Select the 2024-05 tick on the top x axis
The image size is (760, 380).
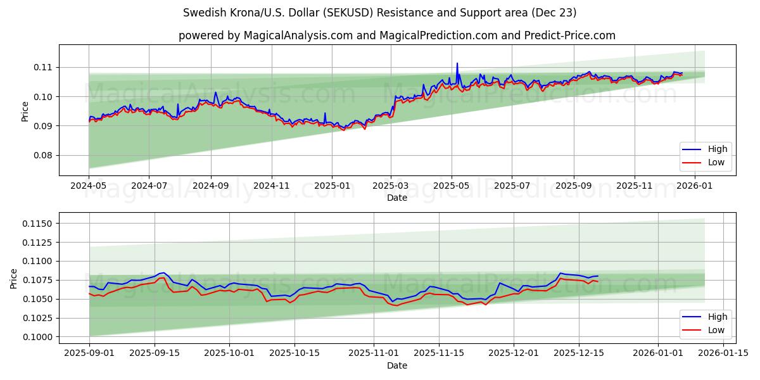89,187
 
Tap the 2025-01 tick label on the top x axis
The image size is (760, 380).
332,187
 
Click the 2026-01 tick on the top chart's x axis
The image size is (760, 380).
695,187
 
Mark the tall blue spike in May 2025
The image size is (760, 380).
457,64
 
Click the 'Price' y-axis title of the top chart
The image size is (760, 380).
25,111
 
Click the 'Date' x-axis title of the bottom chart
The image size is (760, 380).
397,365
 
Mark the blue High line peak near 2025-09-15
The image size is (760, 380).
163,272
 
